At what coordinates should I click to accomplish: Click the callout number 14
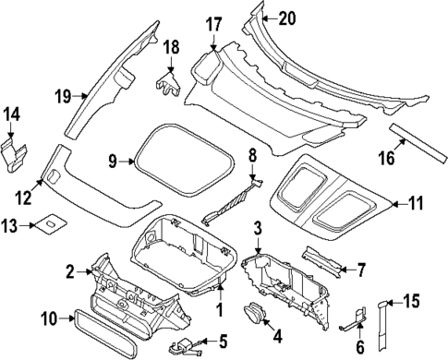pyautogui.click(x=13, y=114)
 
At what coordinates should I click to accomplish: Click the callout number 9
pyautogui.click(x=113, y=162)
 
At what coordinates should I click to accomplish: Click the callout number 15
pyautogui.click(x=413, y=300)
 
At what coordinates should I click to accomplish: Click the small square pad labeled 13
pyautogui.click(x=45, y=223)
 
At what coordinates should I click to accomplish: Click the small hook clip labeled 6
pyautogui.click(x=352, y=324)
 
